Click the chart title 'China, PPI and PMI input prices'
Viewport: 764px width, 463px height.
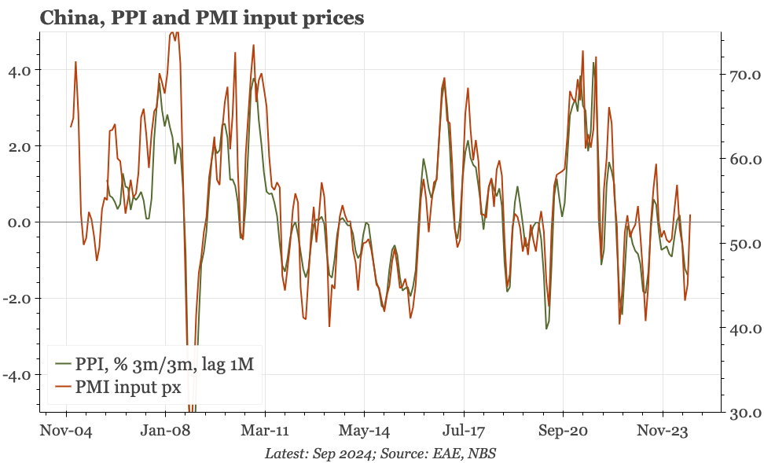click(x=202, y=18)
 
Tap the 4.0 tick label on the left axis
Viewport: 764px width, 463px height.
click(x=19, y=70)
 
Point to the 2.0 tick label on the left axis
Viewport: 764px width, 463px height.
click(x=19, y=146)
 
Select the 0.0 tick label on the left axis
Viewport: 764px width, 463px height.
click(x=19, y=222)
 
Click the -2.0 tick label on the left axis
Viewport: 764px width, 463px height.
click(x=17, y=299)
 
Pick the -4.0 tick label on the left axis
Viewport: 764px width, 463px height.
click(x=17, y=375)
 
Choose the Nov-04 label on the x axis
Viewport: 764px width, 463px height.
click(x=66, y=431)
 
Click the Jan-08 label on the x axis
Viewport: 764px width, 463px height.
click(x=165, y=431)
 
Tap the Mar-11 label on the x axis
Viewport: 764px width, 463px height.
click(x=265, y=431)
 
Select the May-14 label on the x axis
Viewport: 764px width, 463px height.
click(x=365, y=431)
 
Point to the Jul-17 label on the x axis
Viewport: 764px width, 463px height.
click(x=464, y=431)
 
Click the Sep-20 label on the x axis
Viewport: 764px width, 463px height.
click(x=564, y=431)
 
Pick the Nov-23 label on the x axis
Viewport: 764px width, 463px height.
click(x=663, y=431)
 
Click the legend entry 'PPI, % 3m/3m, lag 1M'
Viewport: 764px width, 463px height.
click(x=155, y=364)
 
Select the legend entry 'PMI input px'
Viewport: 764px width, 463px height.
click(x=118, y=387)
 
